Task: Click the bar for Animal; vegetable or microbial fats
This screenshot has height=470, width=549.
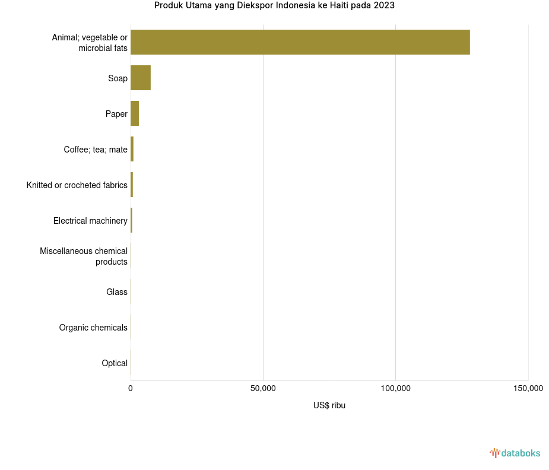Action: coord(300,42)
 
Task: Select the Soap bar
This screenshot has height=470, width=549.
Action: coord(141,78)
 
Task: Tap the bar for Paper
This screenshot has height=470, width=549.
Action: coord(135,113)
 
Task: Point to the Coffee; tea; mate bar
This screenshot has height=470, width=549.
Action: coord(132,149)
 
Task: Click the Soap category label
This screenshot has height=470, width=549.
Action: coord(118,78)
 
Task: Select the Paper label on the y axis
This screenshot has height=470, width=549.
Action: coord(116,114)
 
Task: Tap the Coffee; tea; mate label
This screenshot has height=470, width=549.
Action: coord(96,150)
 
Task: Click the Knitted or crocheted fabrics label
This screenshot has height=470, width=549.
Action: coord(77,185)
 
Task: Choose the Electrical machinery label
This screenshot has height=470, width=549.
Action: coord(90,221)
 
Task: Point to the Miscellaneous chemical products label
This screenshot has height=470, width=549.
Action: coord(84,256)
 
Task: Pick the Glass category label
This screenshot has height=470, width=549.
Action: coord(117,292)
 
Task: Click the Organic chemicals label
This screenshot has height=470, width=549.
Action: coord(93,328)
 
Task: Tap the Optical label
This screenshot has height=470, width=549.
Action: coord(115,363)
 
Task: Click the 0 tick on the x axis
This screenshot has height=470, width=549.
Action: coord(131,388)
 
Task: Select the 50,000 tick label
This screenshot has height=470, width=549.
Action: coord(263,388)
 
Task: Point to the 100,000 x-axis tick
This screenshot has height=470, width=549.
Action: coord(396,388)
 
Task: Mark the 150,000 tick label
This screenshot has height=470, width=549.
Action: coord(528,388)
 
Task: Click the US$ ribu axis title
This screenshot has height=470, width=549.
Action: coord(329,405)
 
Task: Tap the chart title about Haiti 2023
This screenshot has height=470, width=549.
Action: coord(274,6)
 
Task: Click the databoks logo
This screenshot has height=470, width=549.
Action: coord(515,453)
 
